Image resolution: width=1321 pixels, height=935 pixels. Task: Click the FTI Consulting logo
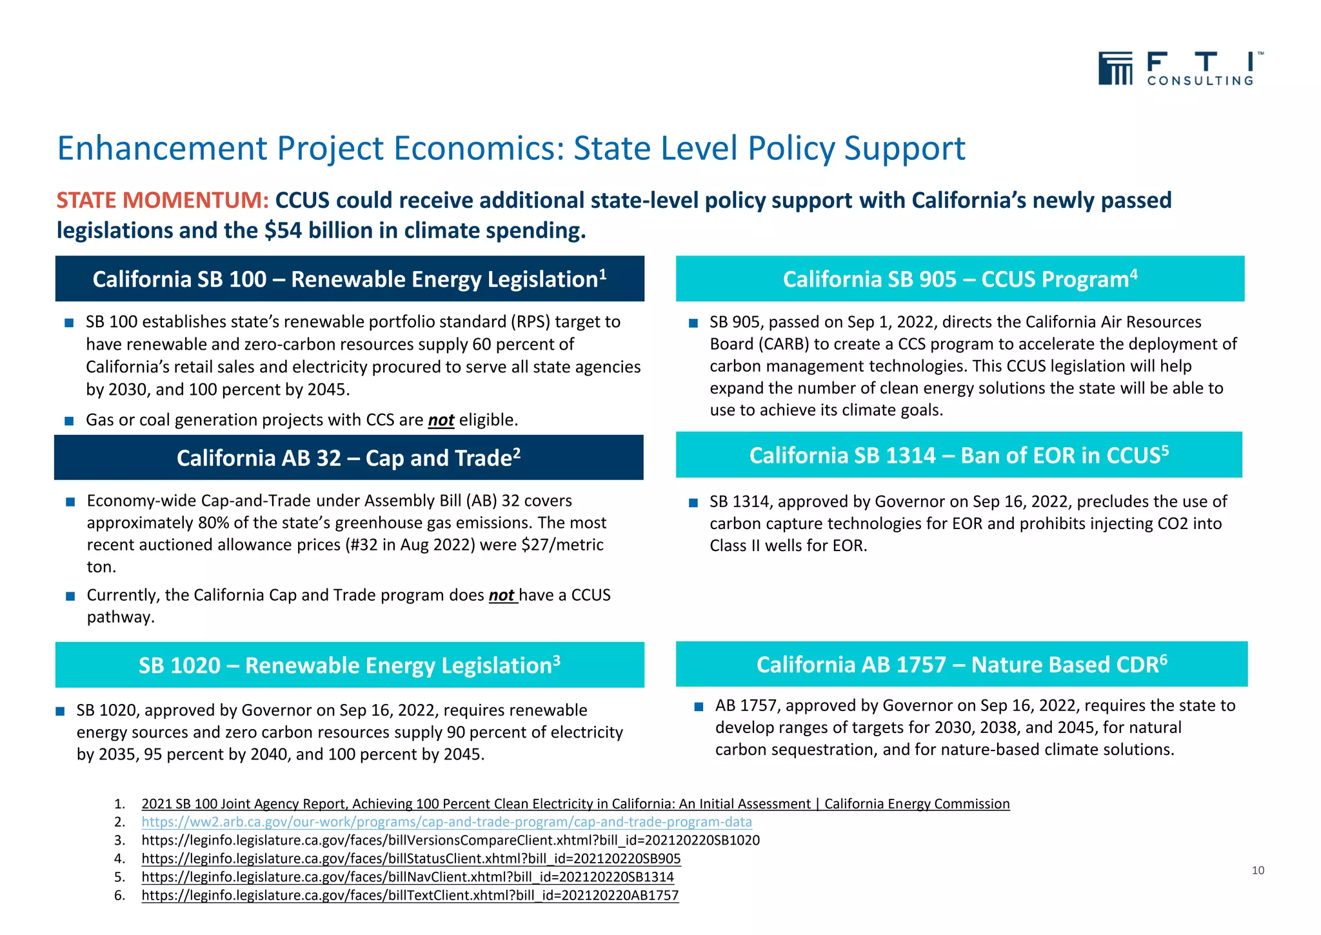[1180, 68]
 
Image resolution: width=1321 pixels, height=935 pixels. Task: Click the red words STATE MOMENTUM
[162, 201]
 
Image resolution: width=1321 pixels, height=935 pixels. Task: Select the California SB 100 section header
[350, 279]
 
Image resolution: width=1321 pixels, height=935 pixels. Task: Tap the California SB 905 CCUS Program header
[960, 279]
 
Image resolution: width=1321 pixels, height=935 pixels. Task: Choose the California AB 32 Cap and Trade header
[348, 457]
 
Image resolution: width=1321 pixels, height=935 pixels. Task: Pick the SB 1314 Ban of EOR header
[958, 455]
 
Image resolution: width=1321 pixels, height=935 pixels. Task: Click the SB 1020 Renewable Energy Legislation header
[350, 665]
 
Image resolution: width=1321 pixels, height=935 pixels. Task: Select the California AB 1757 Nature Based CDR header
[961, 664]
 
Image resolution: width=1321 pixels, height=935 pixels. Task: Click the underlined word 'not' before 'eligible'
[441, 420]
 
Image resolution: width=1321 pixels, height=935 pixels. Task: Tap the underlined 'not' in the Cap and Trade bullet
[502, 595]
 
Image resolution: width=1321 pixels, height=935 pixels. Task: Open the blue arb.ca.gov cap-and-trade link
[446, 822]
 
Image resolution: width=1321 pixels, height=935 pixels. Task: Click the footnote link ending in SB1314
[408, 877]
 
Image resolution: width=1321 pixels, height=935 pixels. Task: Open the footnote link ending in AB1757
[410, 895]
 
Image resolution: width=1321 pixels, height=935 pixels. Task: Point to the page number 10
[1258, 870]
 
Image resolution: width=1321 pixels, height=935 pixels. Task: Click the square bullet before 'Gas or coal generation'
[70, 421]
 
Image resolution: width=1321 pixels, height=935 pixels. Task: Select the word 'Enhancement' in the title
[161, 148]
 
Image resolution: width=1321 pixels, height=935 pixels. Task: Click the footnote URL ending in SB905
[411, 859]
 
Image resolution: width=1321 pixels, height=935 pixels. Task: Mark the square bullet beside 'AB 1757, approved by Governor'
[699, 707]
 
